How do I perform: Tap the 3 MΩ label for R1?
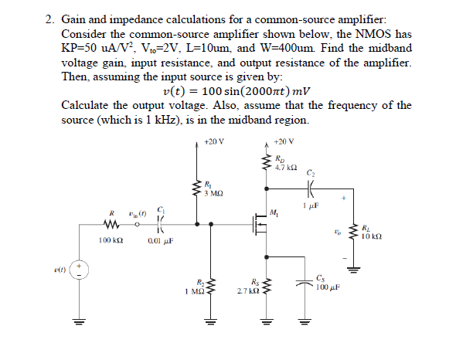213,192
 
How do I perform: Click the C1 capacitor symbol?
160,225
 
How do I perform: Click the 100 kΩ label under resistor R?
111,241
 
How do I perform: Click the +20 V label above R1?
213,141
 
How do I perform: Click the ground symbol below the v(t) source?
80,324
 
